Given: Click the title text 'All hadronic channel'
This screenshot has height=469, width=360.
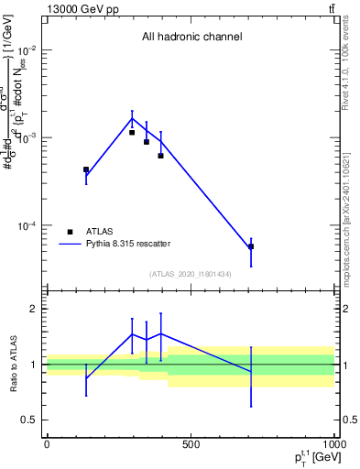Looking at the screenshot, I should [191, 38].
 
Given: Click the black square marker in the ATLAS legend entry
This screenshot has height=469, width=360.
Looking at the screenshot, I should [70, 232].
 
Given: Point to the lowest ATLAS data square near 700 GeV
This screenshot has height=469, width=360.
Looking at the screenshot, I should [251, 246].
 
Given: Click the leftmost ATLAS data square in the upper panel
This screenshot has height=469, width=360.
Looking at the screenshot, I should [86, 169].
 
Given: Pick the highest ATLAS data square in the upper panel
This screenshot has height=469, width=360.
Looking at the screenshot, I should [132, 133].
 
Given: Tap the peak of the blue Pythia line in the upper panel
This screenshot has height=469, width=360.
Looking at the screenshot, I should [132, 118].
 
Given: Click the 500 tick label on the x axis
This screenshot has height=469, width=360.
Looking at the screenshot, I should [191, 444].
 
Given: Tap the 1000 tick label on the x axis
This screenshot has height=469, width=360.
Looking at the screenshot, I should [333, 444].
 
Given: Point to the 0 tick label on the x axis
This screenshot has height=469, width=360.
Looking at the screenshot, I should [47, 444].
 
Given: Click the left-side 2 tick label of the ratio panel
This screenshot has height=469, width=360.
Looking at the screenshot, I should [34, 310].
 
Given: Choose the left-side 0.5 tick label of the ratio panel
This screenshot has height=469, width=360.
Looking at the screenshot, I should [29, 420].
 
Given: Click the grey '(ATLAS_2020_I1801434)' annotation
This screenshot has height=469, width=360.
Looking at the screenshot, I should [191, 274].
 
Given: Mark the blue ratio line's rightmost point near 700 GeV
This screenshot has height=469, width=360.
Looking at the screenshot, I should [251, 371].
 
